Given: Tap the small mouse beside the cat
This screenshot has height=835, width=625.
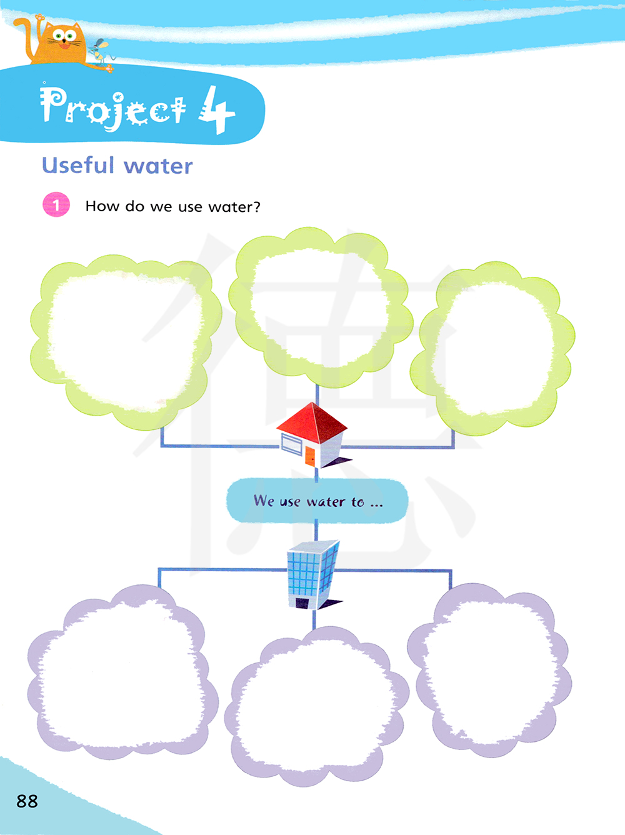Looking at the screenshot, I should pos(100,51).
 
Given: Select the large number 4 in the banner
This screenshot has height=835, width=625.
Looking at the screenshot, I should pos(216,110).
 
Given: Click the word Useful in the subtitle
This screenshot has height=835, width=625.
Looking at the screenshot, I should pos(78,166).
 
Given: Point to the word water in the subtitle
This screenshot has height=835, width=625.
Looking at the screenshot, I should pos(158,166).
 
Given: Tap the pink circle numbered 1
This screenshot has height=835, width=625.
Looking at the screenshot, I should pos(56,204).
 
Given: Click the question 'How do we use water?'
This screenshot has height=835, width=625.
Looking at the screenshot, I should pos(172,206).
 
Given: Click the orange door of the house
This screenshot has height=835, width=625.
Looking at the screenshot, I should pos(309,455).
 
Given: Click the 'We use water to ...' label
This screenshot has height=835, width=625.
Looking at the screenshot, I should pos(317,501).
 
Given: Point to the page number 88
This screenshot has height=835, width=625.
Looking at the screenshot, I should pos(27,801).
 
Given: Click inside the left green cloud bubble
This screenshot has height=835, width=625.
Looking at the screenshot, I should pos(125,341).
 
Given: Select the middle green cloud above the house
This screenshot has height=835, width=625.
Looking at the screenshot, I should pos(319,306).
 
